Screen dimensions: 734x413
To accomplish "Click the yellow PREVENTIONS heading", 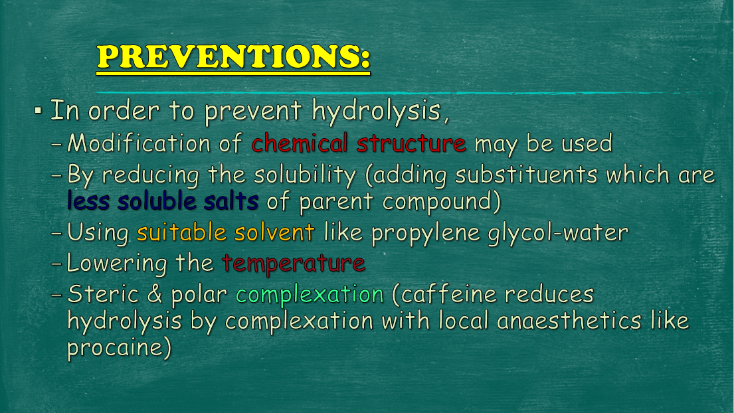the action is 233,57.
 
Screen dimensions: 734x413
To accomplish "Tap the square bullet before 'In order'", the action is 38,111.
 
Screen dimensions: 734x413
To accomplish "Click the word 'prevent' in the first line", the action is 253,112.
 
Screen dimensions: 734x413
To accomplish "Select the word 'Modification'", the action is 139,143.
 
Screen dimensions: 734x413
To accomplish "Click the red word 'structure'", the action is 411,143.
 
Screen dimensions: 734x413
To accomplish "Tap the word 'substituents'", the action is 526,175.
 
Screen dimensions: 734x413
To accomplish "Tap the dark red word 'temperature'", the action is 294,264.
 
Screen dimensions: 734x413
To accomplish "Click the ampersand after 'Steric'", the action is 155,295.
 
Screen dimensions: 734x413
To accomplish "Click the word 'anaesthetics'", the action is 569,321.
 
